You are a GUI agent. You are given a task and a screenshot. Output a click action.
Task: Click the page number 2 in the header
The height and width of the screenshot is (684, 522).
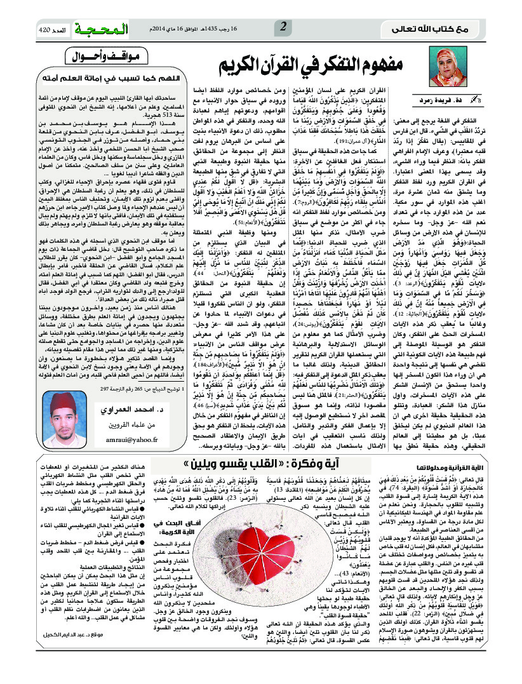tap(283, 27)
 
